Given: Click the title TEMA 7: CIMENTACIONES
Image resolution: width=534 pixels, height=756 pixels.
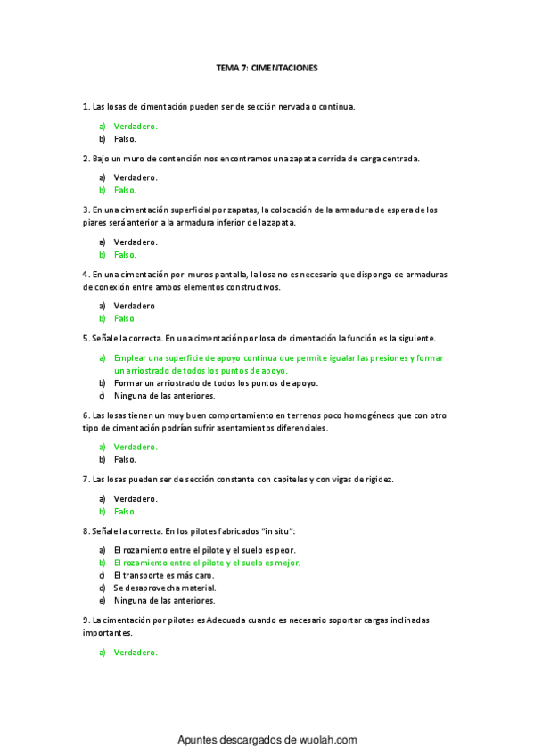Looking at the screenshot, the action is (x=267, y=67).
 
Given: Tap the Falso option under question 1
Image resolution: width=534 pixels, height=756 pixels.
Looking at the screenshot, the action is (x=125, y=139).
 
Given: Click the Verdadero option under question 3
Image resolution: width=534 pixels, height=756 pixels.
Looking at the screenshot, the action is (x=136, y=242).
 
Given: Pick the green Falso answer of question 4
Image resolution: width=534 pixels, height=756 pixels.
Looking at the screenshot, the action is (x=125, y=318).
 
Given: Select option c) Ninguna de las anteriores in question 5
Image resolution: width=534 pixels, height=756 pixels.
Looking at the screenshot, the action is (x=164, y=395).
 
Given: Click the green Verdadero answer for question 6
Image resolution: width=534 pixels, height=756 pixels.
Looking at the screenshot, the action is (x=136, y=447).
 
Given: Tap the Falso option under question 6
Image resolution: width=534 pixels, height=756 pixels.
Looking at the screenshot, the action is (x=125, y=459).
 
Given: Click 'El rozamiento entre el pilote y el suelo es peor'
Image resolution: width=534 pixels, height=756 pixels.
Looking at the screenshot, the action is (x=204, y=550).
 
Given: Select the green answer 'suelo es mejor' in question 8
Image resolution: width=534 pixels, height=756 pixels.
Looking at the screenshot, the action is (x=207, y=563).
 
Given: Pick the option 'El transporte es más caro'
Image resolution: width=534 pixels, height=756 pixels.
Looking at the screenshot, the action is (x=163, y=575).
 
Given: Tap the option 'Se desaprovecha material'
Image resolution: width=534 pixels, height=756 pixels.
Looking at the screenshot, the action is (x=165, y=588).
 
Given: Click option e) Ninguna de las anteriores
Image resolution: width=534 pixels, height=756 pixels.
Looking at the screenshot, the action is (x=164, y=601).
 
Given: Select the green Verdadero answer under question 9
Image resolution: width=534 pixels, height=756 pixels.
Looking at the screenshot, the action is (x=136, y=652).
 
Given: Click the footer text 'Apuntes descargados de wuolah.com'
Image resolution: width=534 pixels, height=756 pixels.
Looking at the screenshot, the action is (x=267, y=740).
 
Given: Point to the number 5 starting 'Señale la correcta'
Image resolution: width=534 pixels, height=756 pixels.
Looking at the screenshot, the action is (x=84, y=339).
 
